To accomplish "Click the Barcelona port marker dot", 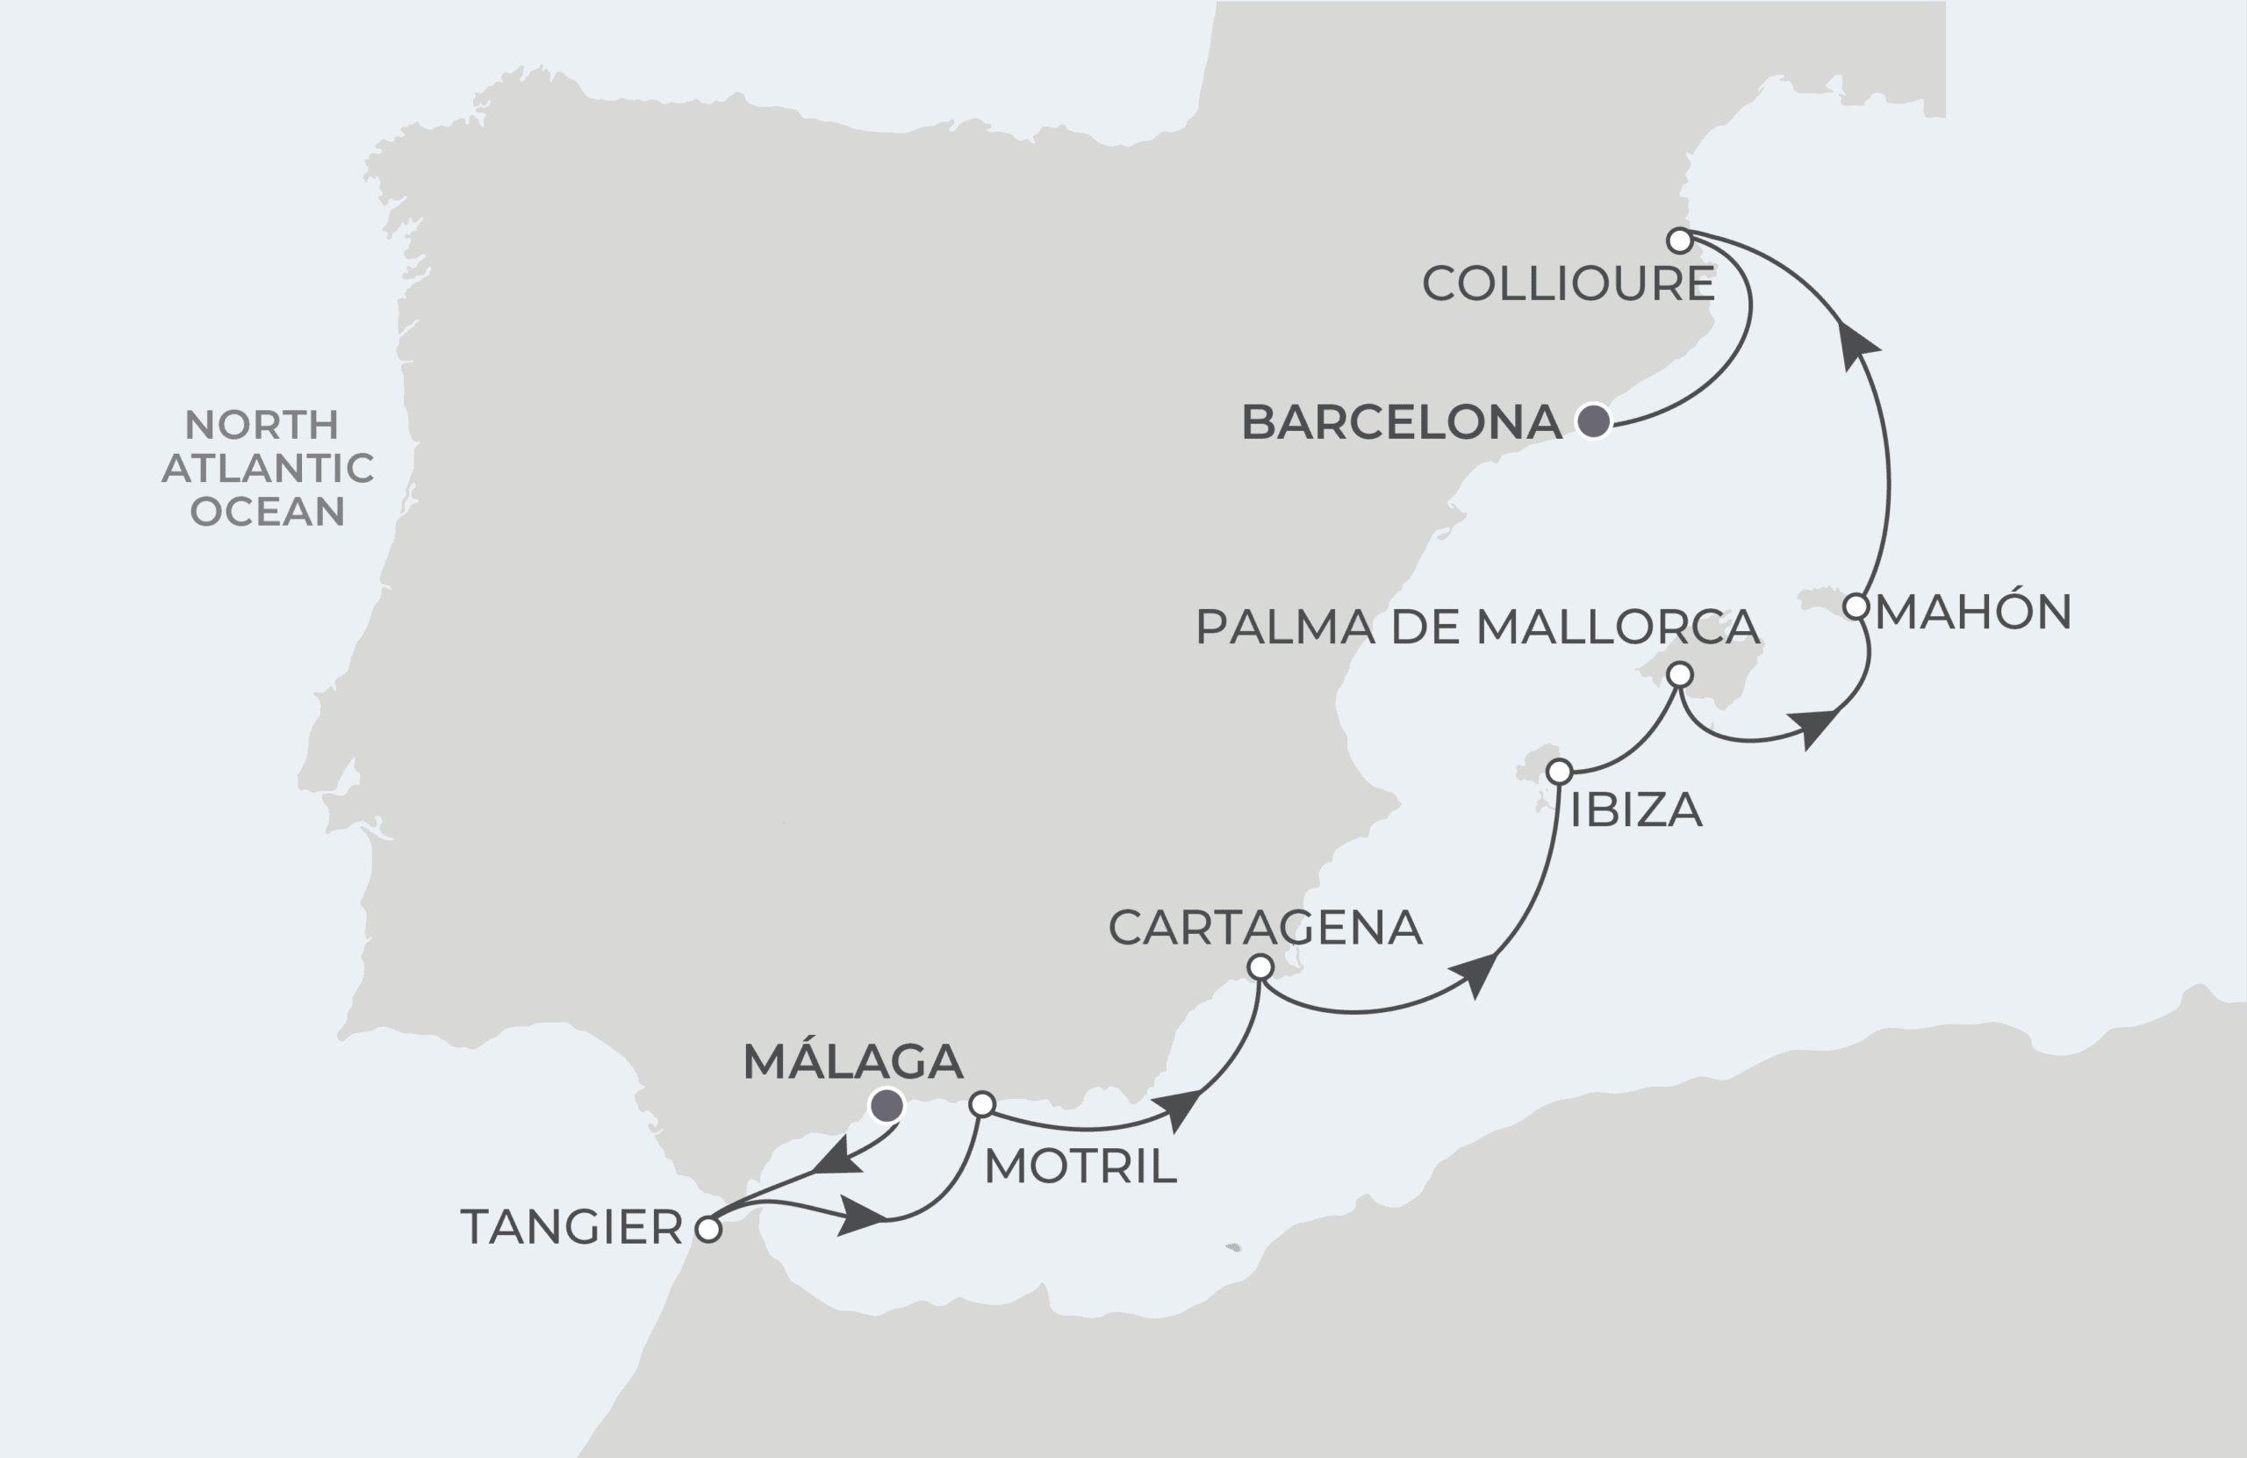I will (1594, 421).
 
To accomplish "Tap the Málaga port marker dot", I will (887, 1104).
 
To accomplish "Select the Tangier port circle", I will (708, 1230).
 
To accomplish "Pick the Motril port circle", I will (983, 1104).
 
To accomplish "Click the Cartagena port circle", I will (1260, 967).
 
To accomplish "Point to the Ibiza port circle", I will (1559, 772).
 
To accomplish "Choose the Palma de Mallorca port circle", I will (1680, 674).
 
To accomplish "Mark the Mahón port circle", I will (1856, 607).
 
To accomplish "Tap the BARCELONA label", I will (1401, 422).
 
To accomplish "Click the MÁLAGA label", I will (852, 1061).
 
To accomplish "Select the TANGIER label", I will (571, 1228).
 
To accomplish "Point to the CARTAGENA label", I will (1265, 927).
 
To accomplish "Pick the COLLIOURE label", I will (1569, 284).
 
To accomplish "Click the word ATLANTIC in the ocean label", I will (268, 469).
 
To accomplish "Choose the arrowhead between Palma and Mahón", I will (1814, 727).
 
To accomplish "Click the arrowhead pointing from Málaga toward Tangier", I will (836, 1157).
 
